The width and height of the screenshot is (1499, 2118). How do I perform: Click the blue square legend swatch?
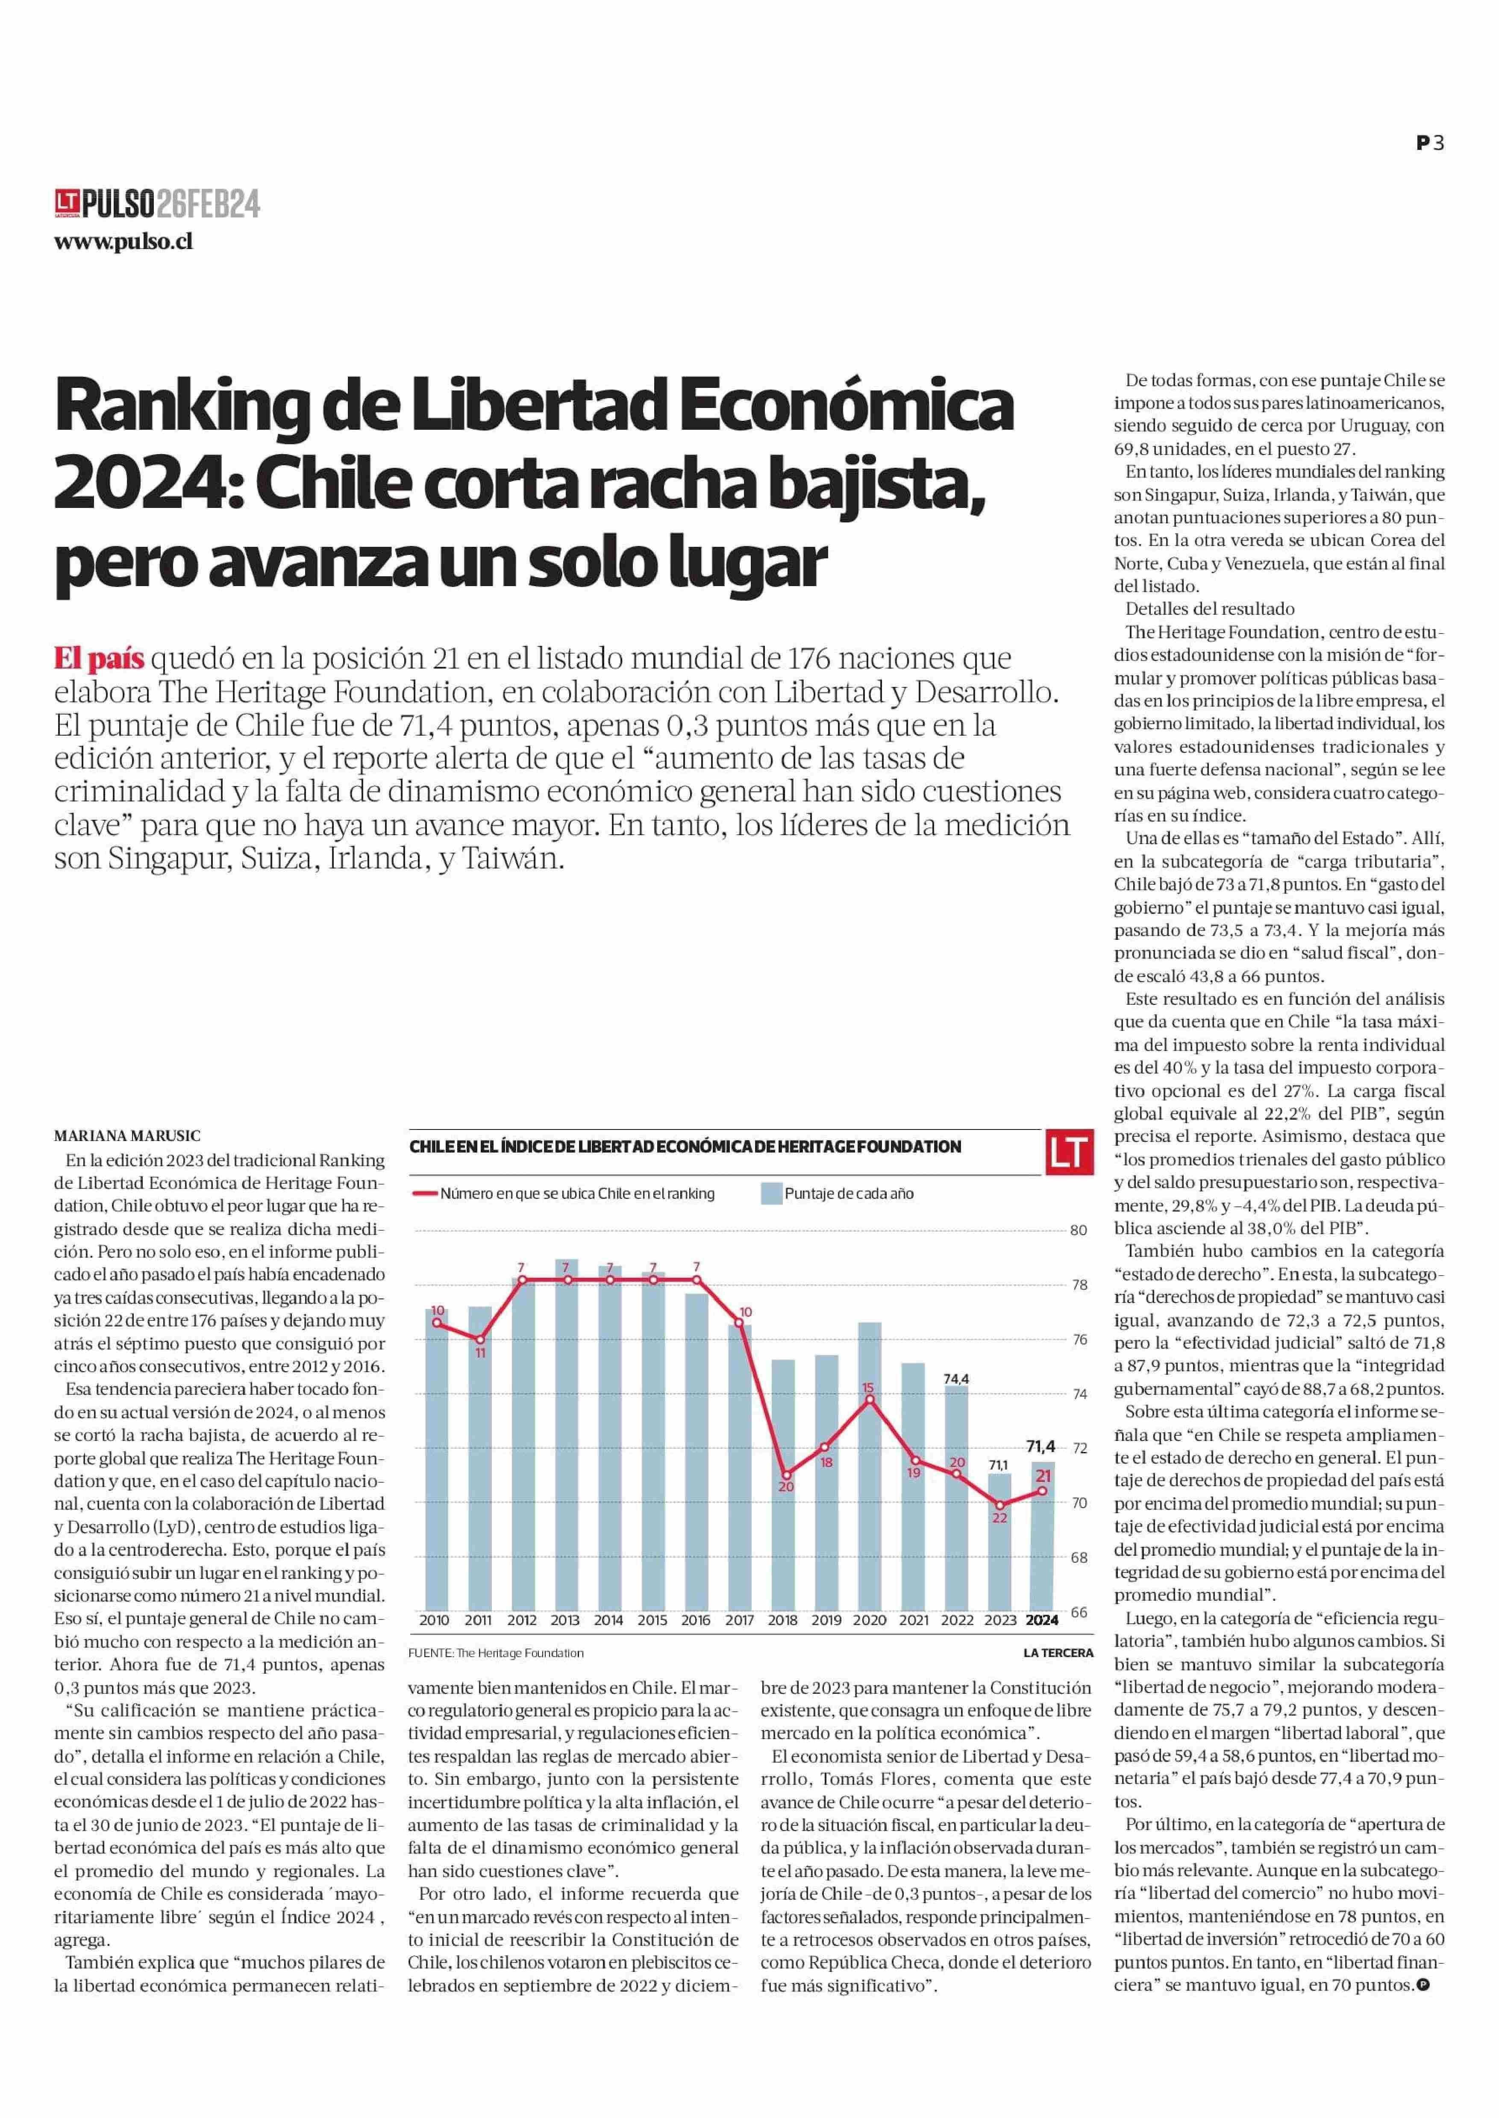(772, 1193)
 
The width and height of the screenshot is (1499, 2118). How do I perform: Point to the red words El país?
(99, 660)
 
